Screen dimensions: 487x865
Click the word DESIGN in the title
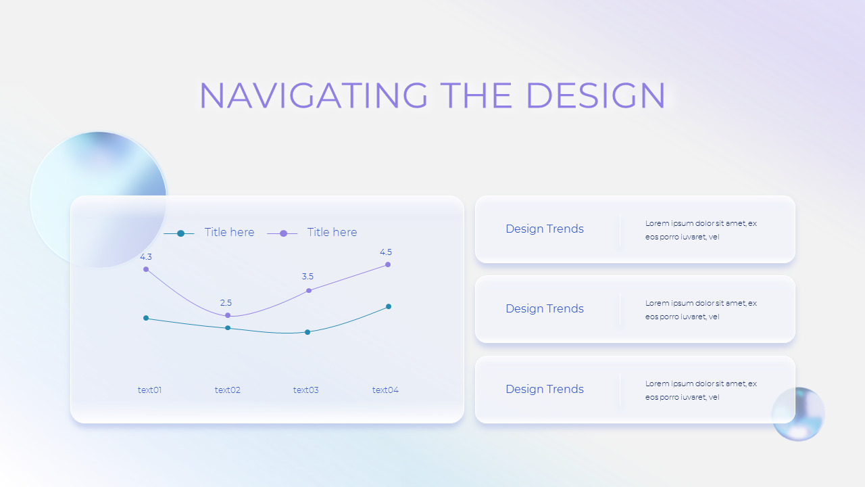[595, 95]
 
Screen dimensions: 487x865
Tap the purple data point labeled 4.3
[146, 269]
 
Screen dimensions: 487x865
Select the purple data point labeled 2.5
[228, 315]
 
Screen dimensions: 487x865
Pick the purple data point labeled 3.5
[309, 290]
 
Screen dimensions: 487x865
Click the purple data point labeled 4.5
[388, 264]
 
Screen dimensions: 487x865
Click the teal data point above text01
[146, 318]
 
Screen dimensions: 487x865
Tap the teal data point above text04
[389, 306]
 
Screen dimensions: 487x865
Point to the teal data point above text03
[307, 332]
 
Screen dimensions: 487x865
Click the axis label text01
[149, 390]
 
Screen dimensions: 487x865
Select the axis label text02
[228, 390]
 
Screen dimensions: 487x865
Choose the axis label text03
[306, 390]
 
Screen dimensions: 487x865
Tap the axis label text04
[385, 390]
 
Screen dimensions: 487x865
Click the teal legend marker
[180, 233]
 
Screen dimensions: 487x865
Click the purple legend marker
[283, 233]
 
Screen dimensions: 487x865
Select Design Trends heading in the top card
[545, 229]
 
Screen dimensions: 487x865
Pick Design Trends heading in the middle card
[545, 308]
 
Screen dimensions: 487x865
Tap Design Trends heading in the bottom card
[545, 389]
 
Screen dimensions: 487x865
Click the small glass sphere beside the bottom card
[798, 414]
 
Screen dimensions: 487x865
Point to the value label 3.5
[307, 277]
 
